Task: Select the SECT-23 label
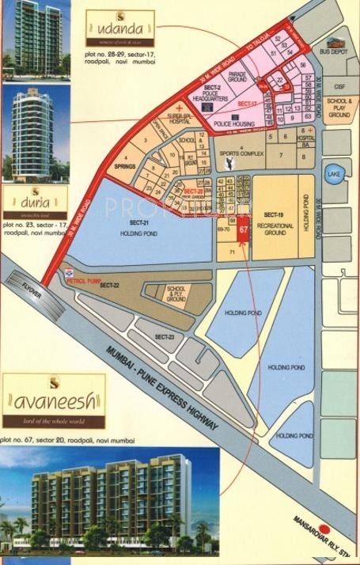click(x=164, y=337)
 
